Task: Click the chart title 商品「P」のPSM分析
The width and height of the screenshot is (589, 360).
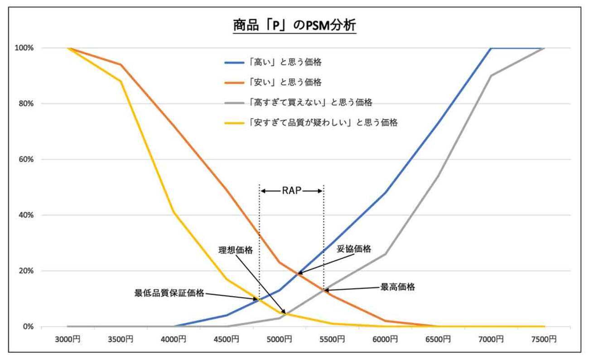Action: click(x=294, y=25)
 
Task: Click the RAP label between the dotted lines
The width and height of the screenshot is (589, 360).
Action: click(x=291, y=191)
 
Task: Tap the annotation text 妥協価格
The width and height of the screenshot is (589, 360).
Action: click(x=354, y=249)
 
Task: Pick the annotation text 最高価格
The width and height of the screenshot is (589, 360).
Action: click(x=397, y=287)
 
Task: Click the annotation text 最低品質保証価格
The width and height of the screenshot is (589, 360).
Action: click(x=169, y=293)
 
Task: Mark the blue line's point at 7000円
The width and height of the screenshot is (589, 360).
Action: click(x=491, y=48)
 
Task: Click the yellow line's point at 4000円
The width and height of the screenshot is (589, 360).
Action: click(x=174, y=212)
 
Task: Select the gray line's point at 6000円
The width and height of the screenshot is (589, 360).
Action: click(x=385, y=254)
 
